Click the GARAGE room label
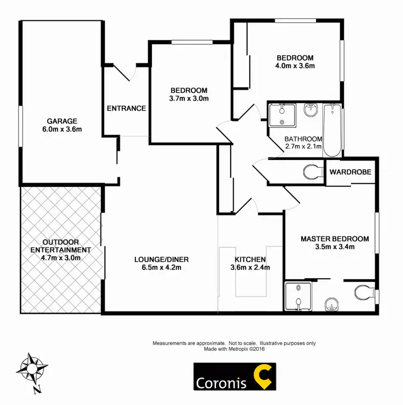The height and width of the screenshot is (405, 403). (x=62, y=121)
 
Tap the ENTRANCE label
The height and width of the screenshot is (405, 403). (x=126, y=108)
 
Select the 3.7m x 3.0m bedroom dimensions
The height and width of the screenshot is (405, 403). (x=189, y=98)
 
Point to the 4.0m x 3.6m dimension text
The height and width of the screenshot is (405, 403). (x=295, y=66)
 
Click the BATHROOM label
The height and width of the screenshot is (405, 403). (x=303, y=139)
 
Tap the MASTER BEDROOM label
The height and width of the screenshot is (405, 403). (x=335, y=239)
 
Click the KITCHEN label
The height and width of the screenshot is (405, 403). (x=248, y=259)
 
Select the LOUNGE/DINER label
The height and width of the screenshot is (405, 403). (x=161, y=259)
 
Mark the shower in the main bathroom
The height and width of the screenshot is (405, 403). (x=282, y=114)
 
